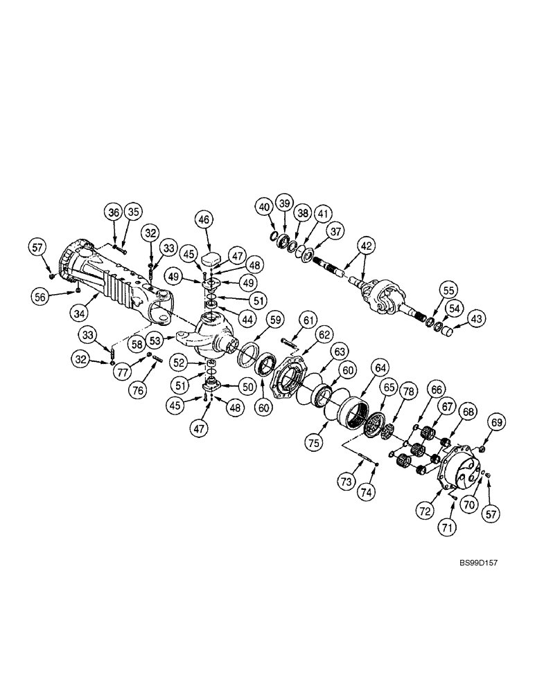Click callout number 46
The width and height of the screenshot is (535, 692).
click(203, 220)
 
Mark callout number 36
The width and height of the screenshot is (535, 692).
click(114, 212)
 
